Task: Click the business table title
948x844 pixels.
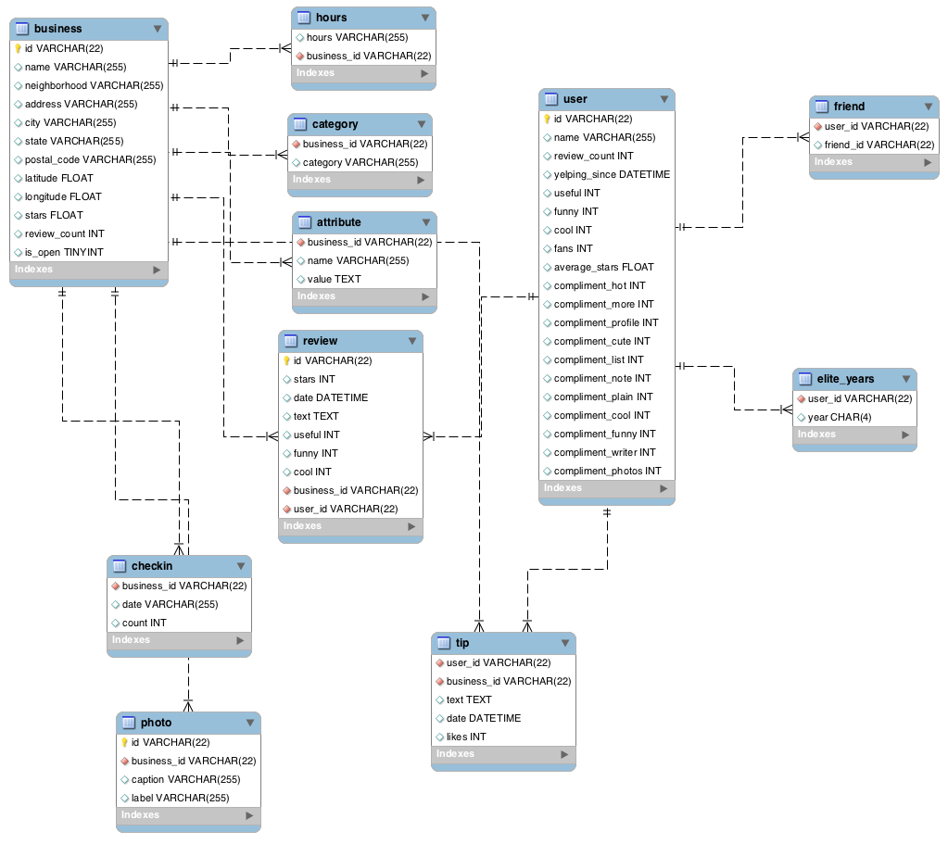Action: tap(57, 29)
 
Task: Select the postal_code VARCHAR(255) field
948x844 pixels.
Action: tap(90, 159)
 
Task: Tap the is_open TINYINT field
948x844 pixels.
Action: tap(64, 252)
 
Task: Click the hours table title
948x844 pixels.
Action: tap(331, 18)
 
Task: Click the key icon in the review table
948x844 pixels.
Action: tap(287, 360)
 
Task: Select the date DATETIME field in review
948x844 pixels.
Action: tap(330, 397)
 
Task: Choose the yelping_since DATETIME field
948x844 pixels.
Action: tap(612, 174)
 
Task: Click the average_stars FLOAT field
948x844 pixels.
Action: tap(603, 267)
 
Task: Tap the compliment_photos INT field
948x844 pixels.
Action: tap(607, 471)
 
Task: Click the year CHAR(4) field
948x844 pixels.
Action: tap(839, 417)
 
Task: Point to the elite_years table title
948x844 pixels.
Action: tap(845, 379)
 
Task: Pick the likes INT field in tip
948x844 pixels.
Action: tap(465, 737)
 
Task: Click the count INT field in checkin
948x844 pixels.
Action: tap(144, 623)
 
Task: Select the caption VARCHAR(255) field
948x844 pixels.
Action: tap(185, 779)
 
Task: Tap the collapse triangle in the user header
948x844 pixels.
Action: tap(664, 99)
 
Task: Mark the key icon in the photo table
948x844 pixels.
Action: tap(124, 742)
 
